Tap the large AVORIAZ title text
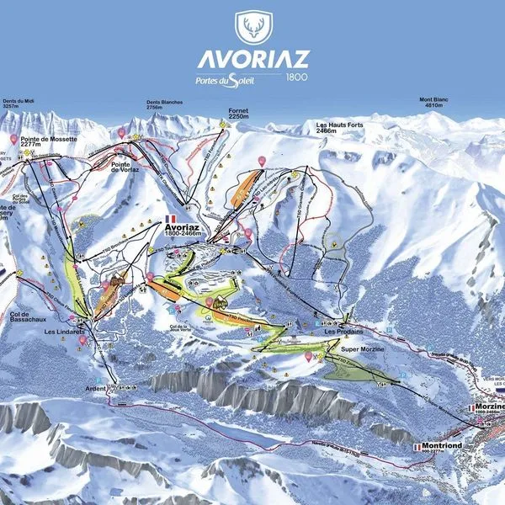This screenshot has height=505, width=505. pos(252,60)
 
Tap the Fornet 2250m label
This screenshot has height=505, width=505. pos(238,114)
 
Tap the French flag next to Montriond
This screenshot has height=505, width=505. pos(416,447)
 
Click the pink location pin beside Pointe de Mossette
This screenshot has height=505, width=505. pos(14,138)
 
